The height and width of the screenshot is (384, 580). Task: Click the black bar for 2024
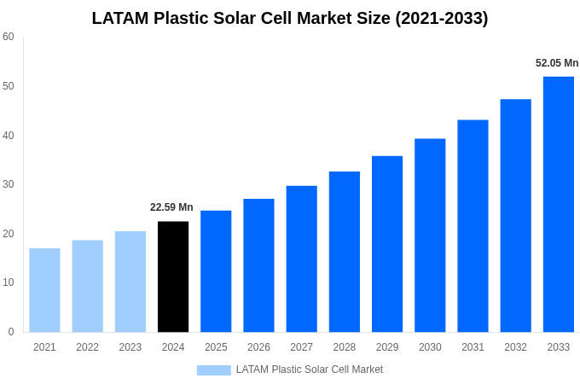(x=173, y=276)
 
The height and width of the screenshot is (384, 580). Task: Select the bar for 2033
(x=558, y=204)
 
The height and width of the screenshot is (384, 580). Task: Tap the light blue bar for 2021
(x=44, y=290)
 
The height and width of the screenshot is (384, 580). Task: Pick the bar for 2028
(x=344, y=252)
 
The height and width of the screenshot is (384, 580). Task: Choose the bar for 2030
(x=430, y=236)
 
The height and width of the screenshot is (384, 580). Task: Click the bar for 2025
(x=216, y=271)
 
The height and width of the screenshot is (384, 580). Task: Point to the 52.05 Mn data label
(x=557, y=63)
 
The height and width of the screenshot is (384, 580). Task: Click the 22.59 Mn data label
(x=171, y=207)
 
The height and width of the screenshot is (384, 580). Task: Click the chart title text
(x=290, y=18)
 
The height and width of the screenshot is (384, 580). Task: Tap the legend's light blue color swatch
(x=213, y=369)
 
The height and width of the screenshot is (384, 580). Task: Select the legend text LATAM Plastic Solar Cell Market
(x=310, y=369)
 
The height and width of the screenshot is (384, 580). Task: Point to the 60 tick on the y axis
(x=9, y=37)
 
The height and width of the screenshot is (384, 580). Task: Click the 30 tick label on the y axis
(x=9, y=184)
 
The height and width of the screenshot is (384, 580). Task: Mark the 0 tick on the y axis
(x=11, y=332)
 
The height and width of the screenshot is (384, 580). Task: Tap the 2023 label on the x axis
(x=130, y=347)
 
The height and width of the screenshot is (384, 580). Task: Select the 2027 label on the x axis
(x=301, y=347)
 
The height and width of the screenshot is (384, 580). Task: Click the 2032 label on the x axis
(x=515, y=347)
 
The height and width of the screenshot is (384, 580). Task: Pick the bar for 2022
(x=87, y=286)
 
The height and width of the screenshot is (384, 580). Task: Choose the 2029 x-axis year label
(x=387, y=347)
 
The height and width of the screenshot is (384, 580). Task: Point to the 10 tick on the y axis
(x=9, y=282)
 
